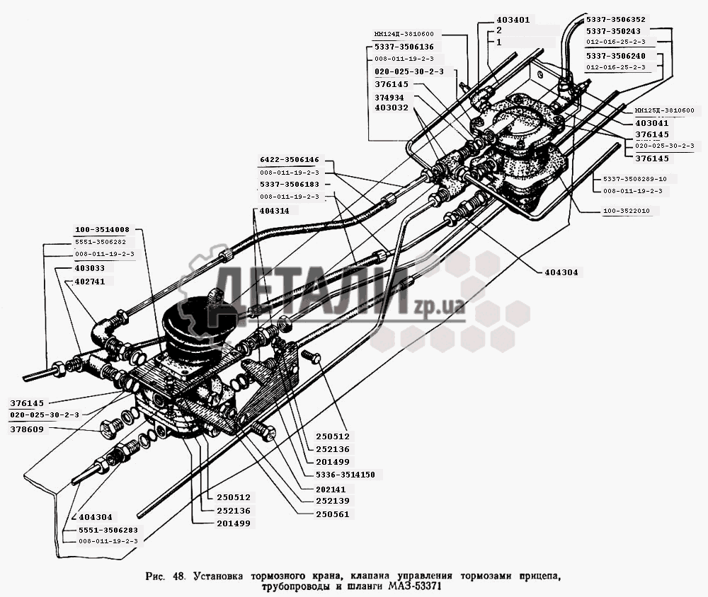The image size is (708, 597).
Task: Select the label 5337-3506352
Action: tap(615, 20)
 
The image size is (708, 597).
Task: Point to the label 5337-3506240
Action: tap(615, 55)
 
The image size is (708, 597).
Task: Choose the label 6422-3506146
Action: tap(289, 161)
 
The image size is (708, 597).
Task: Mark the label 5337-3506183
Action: tap(289, 185)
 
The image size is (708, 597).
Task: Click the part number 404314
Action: tap(274, 211)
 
